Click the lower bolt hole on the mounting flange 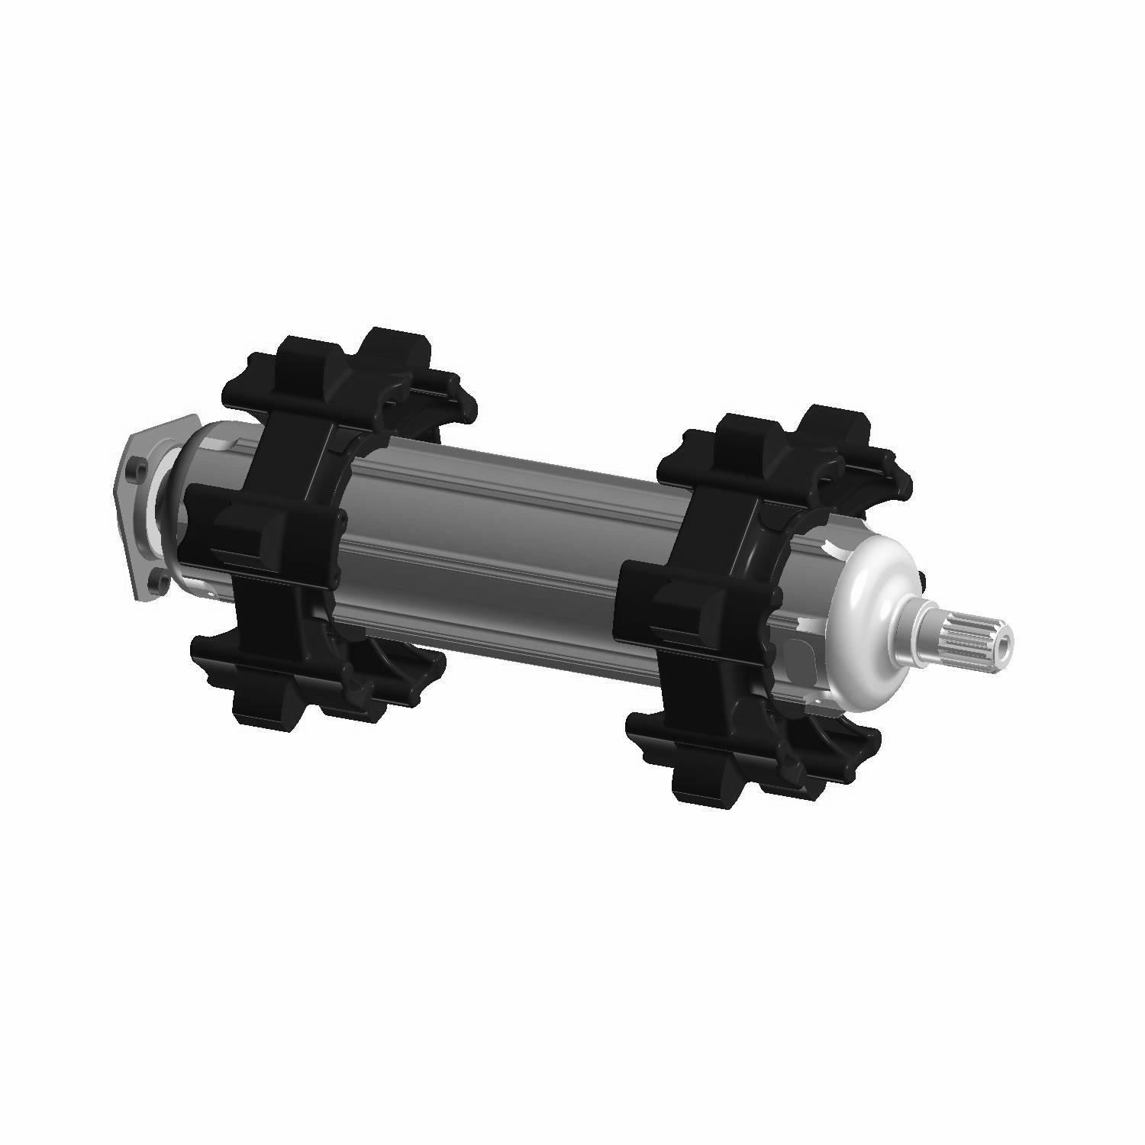(159, 582)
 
